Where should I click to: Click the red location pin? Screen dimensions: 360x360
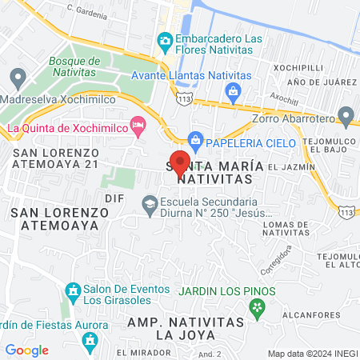(180, 162)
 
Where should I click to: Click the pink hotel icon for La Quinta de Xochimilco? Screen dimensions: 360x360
(138, 125)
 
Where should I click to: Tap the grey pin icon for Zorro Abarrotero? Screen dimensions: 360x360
(346, 117)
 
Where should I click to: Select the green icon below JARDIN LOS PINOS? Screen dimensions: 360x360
(256, 306)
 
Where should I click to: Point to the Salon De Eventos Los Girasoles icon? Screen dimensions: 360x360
(72, 290)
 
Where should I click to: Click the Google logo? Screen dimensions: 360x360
(26, 350)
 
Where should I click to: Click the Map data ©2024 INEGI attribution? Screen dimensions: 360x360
(312, 353)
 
